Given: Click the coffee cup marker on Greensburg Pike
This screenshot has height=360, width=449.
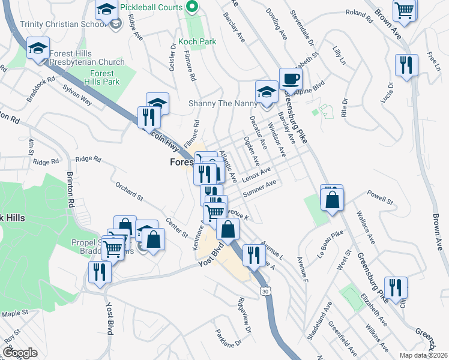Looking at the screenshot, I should [291, 79].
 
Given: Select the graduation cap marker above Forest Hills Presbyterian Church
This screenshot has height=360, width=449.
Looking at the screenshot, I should [38, 47].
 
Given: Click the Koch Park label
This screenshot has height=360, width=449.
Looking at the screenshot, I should [196, 43].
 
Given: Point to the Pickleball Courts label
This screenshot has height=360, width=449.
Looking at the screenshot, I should [150, 7].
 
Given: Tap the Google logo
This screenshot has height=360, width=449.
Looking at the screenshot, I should [20, 353].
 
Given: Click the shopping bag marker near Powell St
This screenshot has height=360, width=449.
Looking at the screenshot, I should [332, 199].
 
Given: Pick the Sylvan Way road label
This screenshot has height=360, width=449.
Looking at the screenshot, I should [77, 95].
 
